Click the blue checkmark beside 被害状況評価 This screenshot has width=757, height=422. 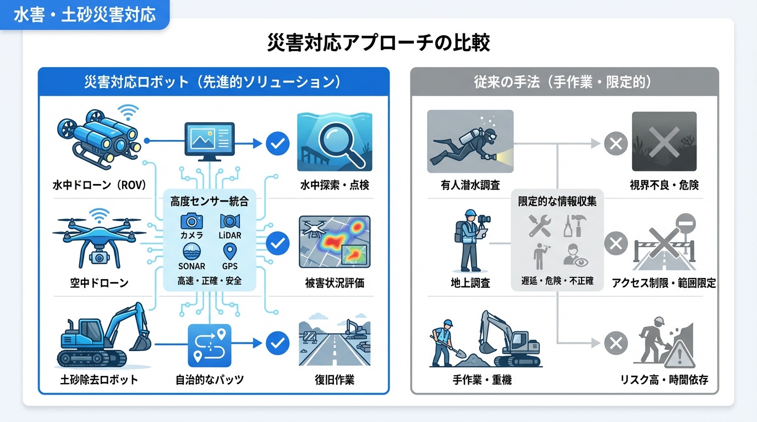tap(277, 243)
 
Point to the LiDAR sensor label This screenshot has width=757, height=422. tap(230, 235)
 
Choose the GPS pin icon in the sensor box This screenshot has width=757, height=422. tap(230, 251)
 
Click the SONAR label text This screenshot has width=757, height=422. tap(191, 266)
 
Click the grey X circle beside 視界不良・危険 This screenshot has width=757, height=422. tap(616, 144)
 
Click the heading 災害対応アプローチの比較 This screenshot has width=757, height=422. tap(378, 42)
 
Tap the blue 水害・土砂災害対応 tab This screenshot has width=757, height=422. tap(84, 15)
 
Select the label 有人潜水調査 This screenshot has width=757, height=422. tap(470, 185)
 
